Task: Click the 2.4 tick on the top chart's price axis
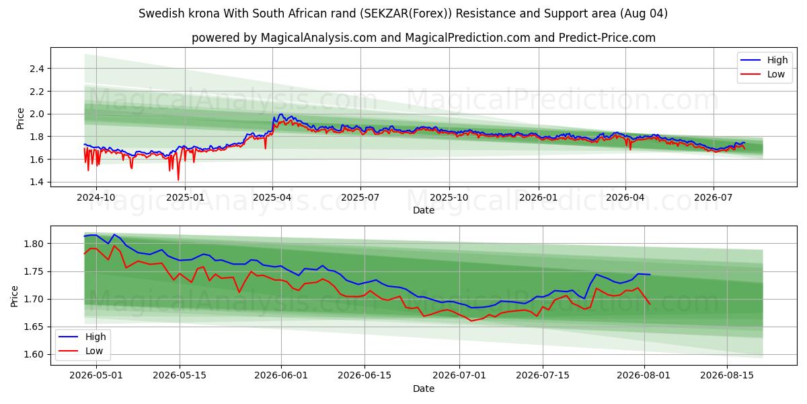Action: point(37,69)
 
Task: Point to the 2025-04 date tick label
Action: point(272,198)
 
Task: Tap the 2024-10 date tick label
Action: point(96,198)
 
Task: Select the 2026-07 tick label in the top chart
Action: point(714,198)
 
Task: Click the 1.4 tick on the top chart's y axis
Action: point(37,182)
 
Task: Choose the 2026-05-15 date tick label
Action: point(180,375)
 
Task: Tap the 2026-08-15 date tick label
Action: point(727,375)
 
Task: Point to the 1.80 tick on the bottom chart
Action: point(34,244)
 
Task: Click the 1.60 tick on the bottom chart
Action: point(34,355)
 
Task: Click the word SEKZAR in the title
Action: point(381,13)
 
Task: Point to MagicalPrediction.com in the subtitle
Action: point(467,38)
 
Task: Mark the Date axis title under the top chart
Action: point(424,210)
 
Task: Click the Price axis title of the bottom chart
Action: point(14,296)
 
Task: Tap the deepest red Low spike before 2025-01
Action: point(178,180)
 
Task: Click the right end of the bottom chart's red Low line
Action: point(650,304)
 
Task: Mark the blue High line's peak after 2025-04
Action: point(281,114)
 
